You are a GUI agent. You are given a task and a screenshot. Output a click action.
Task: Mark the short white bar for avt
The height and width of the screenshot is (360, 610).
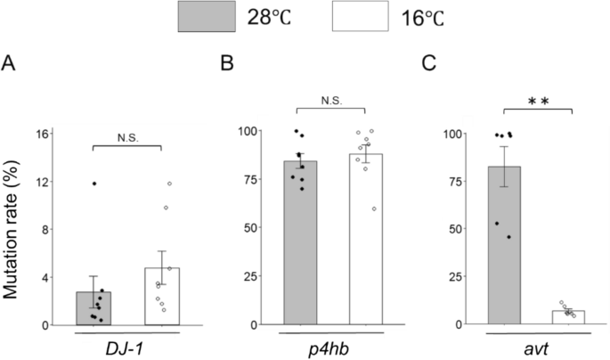pyautogui.click(x=569, y=317)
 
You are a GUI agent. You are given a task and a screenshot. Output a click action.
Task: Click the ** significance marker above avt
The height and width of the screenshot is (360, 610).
pyautogui.click(x=538, y=101)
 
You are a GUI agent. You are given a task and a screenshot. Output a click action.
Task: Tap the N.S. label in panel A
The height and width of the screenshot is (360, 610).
pyautogui.click(x=127, y=137)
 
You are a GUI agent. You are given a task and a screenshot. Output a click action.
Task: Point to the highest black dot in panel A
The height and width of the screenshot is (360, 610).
pyautogui.click(x=94, y=184)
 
